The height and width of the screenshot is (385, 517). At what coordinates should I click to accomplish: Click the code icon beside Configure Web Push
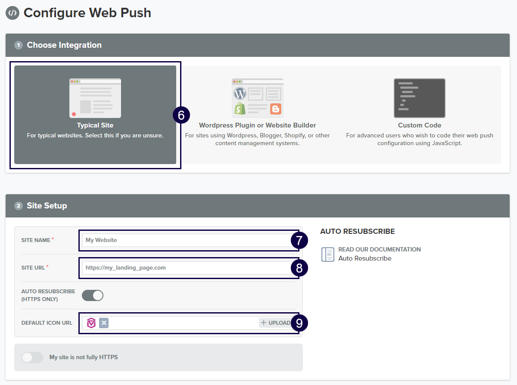point(12,13)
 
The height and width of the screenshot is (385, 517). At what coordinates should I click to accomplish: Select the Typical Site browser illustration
point(95,98)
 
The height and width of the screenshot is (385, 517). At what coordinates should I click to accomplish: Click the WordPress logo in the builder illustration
point(240,93)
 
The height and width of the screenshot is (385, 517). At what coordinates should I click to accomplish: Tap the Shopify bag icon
point(240,109)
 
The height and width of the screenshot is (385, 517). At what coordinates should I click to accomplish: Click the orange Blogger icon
point(275,109)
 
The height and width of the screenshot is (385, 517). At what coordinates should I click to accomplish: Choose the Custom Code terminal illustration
point(420,98)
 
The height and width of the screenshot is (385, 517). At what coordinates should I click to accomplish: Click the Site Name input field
point(187,240)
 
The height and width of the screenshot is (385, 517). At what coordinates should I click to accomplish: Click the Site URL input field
point(187,267)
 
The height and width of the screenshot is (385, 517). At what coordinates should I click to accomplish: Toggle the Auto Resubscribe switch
point(93,295)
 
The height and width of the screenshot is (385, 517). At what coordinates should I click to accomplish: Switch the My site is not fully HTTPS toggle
point(32,357)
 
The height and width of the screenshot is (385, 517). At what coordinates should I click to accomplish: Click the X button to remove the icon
point(104,323)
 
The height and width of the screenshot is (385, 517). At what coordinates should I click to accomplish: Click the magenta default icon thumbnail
point(91,323)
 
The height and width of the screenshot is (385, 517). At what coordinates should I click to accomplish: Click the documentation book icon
point(328,254)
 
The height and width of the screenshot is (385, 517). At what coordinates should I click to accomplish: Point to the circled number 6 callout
point(181,115)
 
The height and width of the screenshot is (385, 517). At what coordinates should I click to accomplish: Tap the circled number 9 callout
point(299,323)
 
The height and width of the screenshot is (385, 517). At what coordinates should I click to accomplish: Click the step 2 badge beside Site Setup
point(19,206)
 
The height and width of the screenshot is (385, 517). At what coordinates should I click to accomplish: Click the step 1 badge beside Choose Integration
point(19,45)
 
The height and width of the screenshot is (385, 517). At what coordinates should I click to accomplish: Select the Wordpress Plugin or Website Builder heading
point(257,125)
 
